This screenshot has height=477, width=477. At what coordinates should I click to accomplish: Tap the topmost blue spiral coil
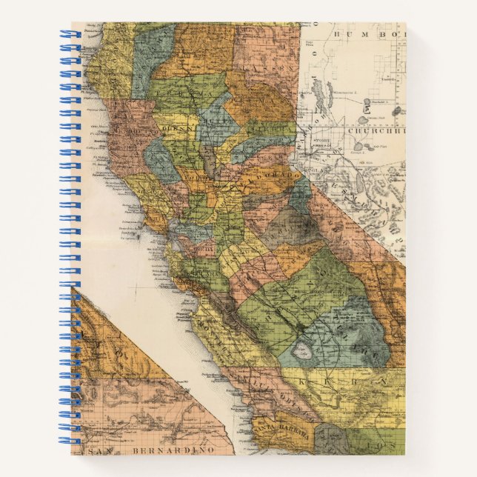68,34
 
